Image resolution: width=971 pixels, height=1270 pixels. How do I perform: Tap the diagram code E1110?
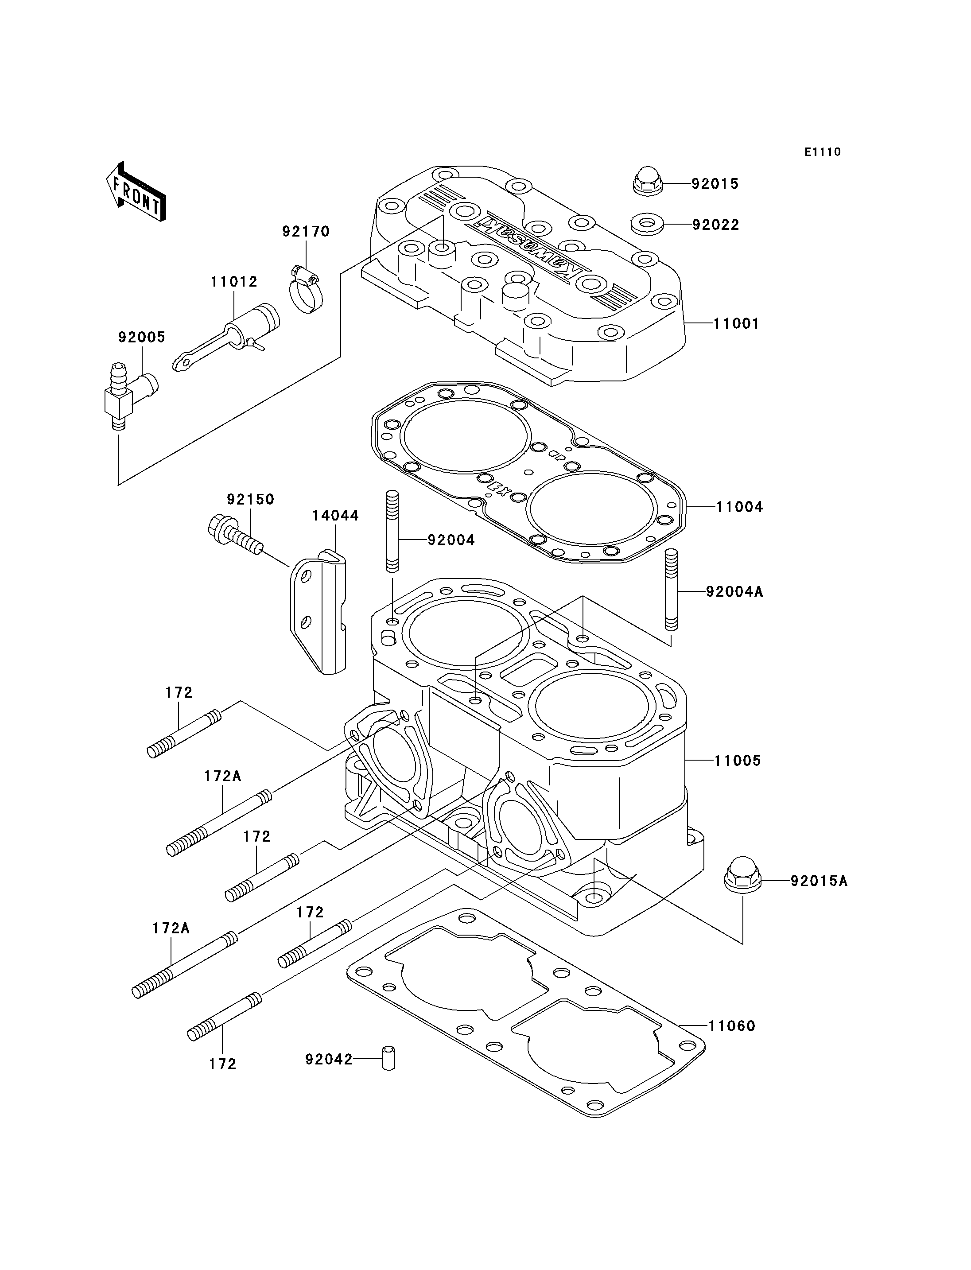(823, 152)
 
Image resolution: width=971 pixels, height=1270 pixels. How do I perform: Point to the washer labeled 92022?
(647, 224)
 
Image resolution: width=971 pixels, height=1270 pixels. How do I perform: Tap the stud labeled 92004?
(392, 531)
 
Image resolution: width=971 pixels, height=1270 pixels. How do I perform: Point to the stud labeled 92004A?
(671, 590)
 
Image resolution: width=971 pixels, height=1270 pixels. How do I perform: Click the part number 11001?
(736, 323)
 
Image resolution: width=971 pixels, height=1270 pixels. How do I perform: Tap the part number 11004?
(740, 507)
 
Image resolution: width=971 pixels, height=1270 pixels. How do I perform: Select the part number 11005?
(738, 760)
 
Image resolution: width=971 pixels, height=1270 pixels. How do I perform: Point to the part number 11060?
(732, 1025)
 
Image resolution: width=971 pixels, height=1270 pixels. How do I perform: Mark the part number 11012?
(234, 282)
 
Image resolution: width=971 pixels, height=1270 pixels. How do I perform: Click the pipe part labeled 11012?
(226, 338)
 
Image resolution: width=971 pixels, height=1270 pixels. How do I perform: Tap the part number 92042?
(329, 1059)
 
